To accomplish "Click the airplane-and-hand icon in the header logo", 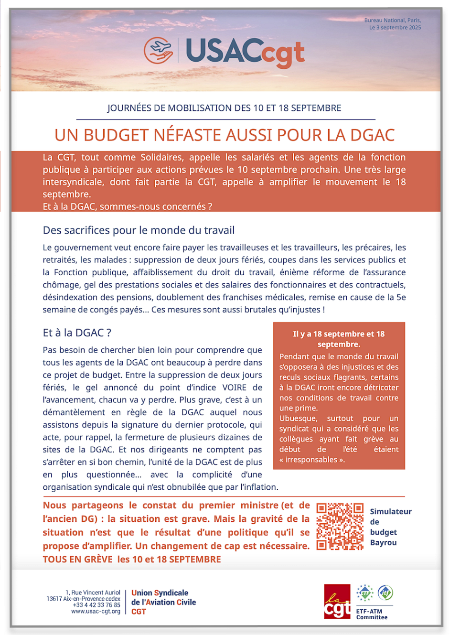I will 159,51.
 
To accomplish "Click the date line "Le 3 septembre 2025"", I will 395,28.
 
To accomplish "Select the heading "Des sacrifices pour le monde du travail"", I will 139,230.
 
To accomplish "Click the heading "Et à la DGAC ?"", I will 77,333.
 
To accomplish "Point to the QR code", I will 340,526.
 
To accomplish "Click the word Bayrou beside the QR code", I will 383,543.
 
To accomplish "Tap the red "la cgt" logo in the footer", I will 337,602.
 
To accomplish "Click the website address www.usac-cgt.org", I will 96,612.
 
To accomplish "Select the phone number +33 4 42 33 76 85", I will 96,605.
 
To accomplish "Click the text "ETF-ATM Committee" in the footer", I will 372,614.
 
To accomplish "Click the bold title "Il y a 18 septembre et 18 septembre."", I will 339,339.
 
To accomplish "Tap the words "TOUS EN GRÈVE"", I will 77,560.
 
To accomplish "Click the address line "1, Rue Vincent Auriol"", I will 93,592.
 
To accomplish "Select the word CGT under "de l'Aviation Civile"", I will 139,612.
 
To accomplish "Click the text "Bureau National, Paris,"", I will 393,21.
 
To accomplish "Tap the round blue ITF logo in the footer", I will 385,593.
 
